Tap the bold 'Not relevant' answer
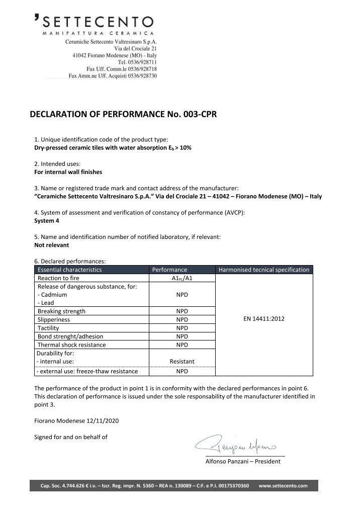[x=51, y=245]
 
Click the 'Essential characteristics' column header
[x=70, y=270]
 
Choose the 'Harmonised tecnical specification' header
[x=264, y=270]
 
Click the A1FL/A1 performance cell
[x=182, y=278]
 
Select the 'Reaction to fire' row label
[x=61, y=278]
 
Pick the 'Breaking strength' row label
[x=62, y=311]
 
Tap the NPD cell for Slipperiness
[x=182, y=319]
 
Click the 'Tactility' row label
[x=49, y=328]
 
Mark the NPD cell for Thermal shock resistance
[x=182, y=345]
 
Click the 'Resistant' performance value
[x=182, y=361]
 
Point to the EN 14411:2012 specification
[x=263, y=319]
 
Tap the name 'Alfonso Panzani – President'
[x=243, y=462]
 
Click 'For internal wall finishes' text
[x=68, y=172]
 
